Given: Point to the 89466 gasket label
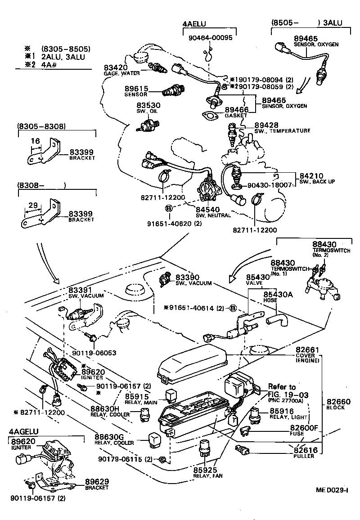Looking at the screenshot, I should [236, 109].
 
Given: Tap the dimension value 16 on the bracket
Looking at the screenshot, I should [35, 141].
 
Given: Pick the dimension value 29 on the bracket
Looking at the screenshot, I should [33, 205].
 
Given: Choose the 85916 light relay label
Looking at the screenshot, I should [282, 411].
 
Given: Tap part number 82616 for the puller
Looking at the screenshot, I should [306, 450].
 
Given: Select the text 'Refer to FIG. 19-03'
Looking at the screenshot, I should [282, 390].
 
